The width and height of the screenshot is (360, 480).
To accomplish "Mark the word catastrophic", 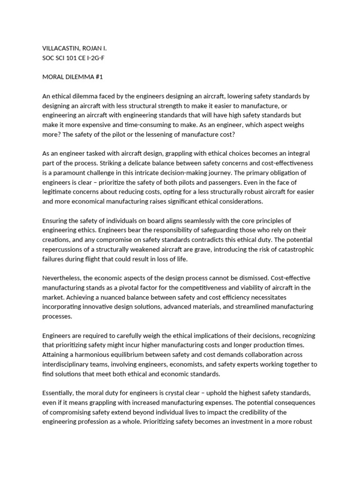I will click(x=292, y=249).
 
